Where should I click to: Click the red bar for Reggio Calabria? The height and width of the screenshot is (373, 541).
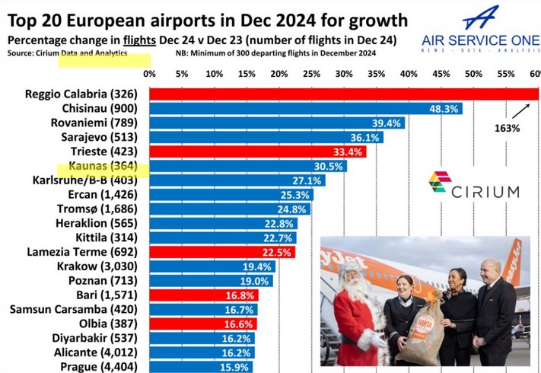(342, 94)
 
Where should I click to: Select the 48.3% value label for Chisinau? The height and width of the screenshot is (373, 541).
(444, 108)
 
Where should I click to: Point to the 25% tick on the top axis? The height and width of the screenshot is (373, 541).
(312, 74)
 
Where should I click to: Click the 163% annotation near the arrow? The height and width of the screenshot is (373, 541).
(506, 128)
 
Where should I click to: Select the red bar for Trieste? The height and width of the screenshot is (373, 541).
(257, 151)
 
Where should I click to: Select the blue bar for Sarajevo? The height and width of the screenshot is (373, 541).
(266, 137)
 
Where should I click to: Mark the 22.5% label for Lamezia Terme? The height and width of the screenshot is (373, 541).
(276, 252)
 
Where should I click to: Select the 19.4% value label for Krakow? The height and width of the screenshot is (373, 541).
(256, 266)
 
